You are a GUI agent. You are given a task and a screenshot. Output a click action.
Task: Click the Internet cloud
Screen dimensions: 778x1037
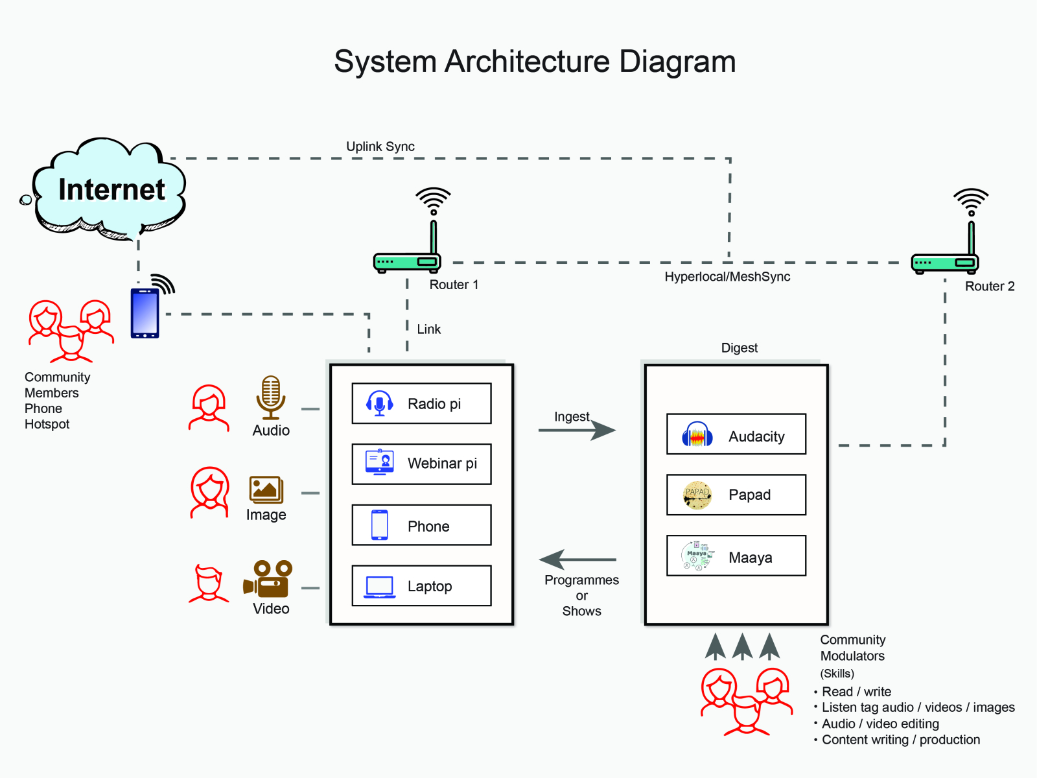110,189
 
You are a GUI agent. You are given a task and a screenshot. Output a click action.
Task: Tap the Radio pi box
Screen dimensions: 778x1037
421,403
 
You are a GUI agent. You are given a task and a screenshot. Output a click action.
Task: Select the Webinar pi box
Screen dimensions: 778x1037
421,464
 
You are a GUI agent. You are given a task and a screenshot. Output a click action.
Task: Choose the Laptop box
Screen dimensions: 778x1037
421,586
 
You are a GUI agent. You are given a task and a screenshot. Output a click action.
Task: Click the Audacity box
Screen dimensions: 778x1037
736,434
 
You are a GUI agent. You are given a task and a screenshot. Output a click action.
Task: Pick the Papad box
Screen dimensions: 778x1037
736,495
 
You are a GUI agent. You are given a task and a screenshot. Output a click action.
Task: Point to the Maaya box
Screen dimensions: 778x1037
736,556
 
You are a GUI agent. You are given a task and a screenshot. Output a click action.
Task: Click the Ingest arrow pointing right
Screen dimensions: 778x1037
577,430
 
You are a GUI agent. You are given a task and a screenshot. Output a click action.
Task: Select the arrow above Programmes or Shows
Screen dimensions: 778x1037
577,559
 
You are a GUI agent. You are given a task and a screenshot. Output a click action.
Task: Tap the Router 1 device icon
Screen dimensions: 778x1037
407,261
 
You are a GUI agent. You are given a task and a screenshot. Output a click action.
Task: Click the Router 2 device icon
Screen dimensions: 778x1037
945,262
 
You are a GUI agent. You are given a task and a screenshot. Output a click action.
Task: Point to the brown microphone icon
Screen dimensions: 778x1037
271,397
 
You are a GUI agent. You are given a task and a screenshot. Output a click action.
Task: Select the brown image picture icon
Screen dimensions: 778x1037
266,490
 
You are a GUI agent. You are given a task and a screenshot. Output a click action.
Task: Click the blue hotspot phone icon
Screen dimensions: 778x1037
145,313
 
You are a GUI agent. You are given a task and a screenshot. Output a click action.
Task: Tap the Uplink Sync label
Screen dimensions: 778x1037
380,147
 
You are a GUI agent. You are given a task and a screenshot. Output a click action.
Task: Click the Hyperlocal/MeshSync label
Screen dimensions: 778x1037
727,277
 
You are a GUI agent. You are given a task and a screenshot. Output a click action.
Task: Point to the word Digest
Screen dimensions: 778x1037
740,348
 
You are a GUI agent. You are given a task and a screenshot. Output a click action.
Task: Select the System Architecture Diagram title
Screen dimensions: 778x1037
535,62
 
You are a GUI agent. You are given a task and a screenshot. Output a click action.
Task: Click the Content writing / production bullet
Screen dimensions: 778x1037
900,740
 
